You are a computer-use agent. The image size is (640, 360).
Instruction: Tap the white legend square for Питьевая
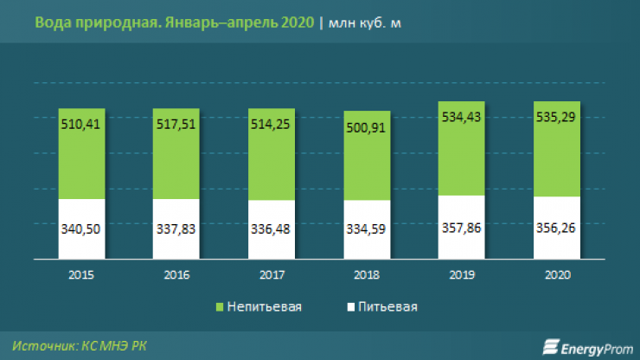[x=350, y=306]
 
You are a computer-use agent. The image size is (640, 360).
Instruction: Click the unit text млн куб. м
[x=364, y=23]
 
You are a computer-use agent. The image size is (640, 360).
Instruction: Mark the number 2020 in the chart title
[x=296, y=23]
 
